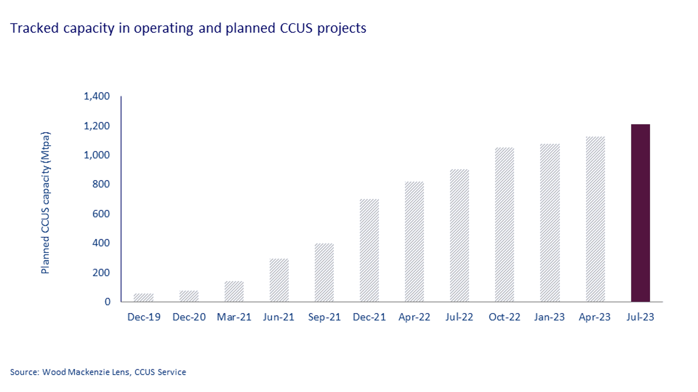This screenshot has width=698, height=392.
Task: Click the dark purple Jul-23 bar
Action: [x=640, y=213]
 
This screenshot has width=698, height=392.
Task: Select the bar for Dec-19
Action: [x=143, y=297]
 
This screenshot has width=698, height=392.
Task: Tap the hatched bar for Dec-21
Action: [x=369, y=250]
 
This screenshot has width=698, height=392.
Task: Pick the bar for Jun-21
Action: [x=279, y=280]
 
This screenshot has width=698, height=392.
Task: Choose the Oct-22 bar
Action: [x=504, y=225]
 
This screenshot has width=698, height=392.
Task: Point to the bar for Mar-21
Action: [x=234, y=291]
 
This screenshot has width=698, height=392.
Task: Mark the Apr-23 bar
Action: [x=595, y=219]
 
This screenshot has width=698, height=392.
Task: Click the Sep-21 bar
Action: [x=324, y=272]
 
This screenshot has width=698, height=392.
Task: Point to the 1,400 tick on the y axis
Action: [x=97, y=96]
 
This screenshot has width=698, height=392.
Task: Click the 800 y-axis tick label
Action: [x=101, y=184]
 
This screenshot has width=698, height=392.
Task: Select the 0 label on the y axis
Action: [x=107, y=302]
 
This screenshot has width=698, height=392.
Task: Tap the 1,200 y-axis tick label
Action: [x=97, y=126]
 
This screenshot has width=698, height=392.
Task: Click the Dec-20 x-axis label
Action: [x=189, y=317]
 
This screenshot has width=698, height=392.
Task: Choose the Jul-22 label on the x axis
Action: [x=459, y=317]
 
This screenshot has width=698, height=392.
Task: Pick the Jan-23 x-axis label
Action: [x=549, y=317]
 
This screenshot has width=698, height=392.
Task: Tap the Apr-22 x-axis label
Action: [x=414, y=317]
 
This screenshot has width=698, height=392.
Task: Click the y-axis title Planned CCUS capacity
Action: [x=45, y=203]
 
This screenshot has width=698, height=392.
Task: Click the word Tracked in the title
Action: [x=34, y=28]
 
